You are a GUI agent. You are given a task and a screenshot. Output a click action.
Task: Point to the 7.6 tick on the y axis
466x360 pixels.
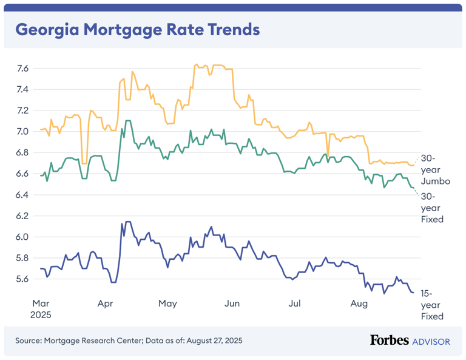coord(22,69)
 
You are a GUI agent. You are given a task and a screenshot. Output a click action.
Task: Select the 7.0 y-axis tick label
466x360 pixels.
coord(22,132)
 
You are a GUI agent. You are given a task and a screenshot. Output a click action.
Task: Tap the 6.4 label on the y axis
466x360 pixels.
coord(22,195)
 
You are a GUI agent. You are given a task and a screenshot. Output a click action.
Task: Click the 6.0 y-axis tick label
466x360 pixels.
coord(22,237)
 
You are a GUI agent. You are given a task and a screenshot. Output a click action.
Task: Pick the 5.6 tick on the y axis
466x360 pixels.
coord(22,279)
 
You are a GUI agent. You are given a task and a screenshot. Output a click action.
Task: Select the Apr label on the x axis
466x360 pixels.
coord(105,302)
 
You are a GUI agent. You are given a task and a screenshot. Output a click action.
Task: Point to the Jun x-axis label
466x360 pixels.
coord(231,302)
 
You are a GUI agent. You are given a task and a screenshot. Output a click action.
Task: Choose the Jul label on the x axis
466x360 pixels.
coord(294,302)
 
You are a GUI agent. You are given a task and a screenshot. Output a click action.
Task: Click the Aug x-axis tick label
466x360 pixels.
coord(358,302)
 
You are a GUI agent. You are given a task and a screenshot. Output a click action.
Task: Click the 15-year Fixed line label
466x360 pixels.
coord(432,304)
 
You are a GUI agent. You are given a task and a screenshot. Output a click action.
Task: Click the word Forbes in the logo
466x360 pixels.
coord(390,341)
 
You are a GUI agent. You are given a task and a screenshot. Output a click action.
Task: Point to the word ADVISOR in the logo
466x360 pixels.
coord(431,341)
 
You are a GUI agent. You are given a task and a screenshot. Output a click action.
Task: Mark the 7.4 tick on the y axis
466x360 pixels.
coord(22,90)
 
